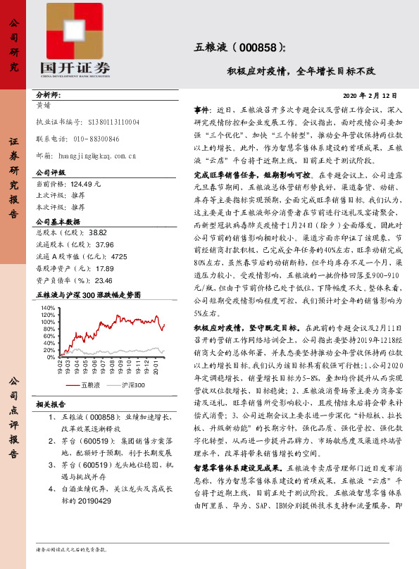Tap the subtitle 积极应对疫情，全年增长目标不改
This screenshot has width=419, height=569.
(301, 71)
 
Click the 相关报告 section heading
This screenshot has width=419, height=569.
(51, 404)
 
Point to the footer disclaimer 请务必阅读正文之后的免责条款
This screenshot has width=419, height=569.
(71, 549)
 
